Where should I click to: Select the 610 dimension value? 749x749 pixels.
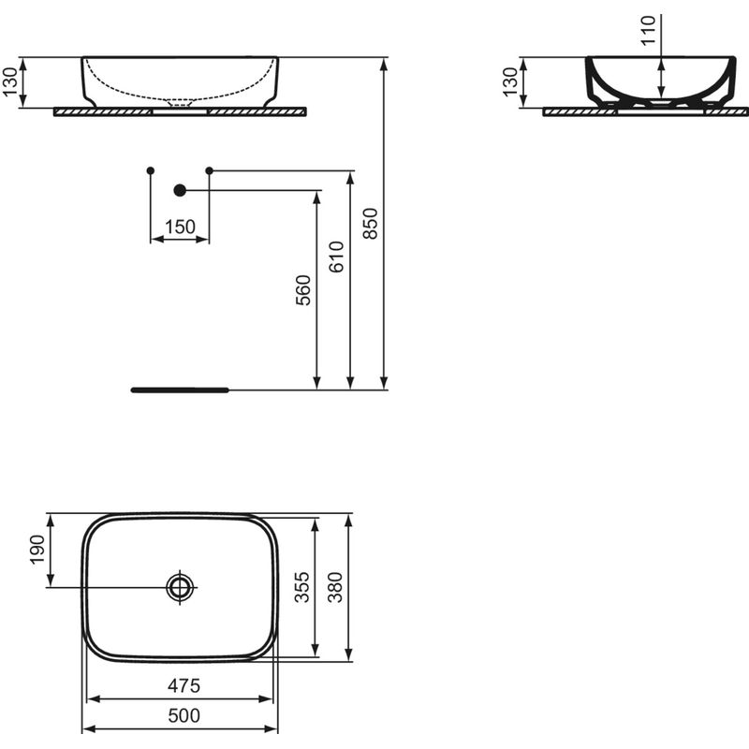[337, 256]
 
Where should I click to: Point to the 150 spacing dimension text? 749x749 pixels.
[180, 227]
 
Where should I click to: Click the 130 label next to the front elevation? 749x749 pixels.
[10, 82]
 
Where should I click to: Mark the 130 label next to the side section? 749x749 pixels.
[510, 82]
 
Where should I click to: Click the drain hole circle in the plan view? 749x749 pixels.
[180, 587]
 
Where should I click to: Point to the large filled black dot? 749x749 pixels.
[181, 190]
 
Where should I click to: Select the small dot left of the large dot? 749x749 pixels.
[151, 170]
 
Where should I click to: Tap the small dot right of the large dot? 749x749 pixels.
[209, 170]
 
